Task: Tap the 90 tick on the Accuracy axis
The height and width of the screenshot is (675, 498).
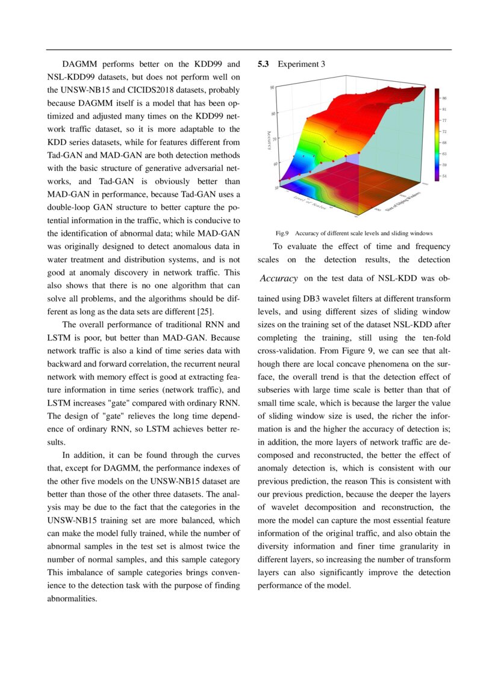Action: click(x=272, y=87)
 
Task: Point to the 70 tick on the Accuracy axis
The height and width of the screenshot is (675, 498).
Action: click(x=275, y=138)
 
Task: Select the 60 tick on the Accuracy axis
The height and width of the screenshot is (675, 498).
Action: click(x=275, y=164)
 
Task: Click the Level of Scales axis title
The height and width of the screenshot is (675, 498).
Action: click(x=311, y=203)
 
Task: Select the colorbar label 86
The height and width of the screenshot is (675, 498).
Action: click(x=444, y=97)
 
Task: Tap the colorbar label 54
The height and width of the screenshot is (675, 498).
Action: click(x=444, y=176)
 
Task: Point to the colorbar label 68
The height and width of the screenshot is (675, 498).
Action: click(x=444, y=143)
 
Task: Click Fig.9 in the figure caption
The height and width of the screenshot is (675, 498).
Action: click(x=282, y=233)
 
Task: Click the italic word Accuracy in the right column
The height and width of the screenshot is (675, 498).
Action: click(x=279, y=279)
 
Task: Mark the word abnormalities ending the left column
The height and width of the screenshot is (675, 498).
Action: click(x=72, y=599)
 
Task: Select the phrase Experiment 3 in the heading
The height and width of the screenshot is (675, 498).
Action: click(x=301, y=64)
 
